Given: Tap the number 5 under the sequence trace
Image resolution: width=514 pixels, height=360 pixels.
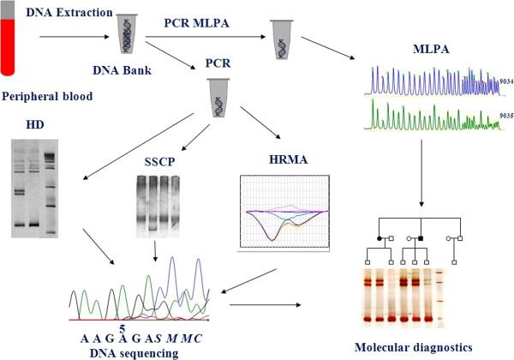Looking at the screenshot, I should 99,327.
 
